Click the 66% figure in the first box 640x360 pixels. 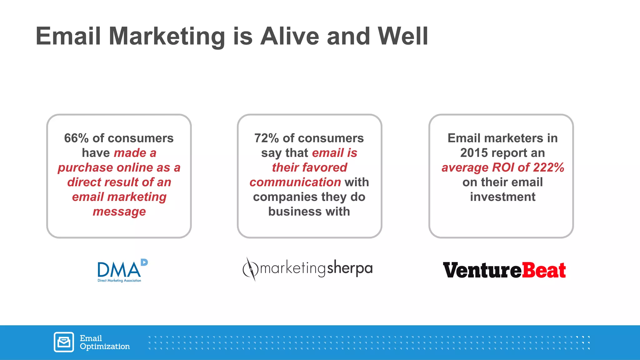(76, 138)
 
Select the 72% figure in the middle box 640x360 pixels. (266, 138)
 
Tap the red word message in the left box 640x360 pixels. (119, 212)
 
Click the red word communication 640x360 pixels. (295, 182)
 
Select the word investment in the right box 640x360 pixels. (502, 197)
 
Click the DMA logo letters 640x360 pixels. (119, 270)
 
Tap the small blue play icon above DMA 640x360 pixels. (144, 262)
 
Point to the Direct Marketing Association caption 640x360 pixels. (119, 281)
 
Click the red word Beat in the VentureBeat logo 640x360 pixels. (544, 270)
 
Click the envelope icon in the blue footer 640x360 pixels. (64, 342)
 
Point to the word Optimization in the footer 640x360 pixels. (105, 347)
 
